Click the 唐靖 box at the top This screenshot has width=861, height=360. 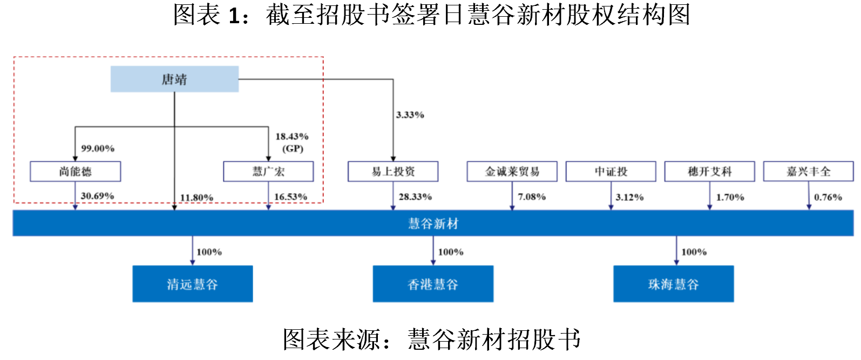click(174, 79)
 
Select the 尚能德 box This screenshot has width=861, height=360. click(75, 172)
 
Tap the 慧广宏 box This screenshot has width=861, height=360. click(268, 172)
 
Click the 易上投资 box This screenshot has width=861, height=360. click(393, 172)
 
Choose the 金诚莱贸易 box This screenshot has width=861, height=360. click(512, 172)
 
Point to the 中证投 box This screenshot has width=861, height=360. click(611, 172)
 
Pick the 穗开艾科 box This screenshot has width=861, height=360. click(709, 172)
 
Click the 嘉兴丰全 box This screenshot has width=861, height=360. click(808, 172)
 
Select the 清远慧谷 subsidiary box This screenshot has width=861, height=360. click(193, 284)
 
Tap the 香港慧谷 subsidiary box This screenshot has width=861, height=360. click(433, 284)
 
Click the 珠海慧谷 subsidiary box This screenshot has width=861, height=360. click(673, 284)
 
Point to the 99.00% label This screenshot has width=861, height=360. click(98, 148)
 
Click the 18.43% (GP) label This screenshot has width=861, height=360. click(292, 142)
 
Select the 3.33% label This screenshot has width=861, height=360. click(410, 115)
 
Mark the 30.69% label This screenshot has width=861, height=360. click(97, 196)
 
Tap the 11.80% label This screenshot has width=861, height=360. click(196, 198)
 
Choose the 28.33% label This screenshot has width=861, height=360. click(415, 197)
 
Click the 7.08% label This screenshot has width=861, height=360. click(532, 197)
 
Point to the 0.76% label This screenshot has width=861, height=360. click(828, 198)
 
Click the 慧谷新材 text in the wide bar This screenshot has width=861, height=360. click(433, 223)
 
